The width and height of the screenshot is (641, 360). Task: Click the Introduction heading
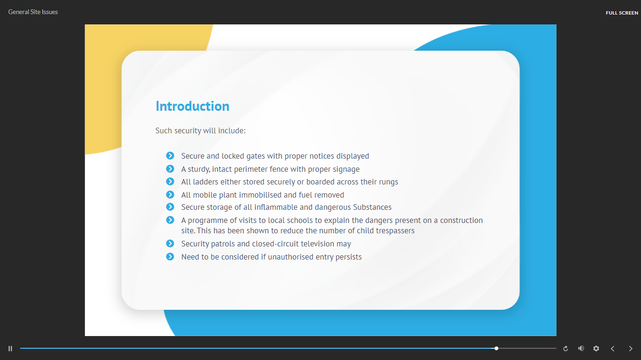coord(193,106)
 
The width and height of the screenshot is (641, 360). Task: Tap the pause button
coord(10,349)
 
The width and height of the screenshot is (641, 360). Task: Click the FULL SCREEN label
coord(622,13)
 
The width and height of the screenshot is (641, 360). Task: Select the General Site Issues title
coord(33,12)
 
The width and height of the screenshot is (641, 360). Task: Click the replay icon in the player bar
coord(565,349)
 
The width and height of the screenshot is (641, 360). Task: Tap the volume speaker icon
coord(581,348)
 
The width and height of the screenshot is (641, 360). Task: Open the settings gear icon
coord(596,348)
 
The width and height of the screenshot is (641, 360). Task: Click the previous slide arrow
coord(612,349)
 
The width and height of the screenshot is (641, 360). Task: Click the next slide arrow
coord(630,349)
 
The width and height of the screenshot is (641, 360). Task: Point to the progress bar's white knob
coord(496,348)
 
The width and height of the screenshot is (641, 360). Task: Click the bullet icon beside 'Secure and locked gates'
coord(170,155)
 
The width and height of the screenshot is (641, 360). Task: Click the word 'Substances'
coord(372,207)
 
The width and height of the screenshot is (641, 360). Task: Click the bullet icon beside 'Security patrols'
coord(170,243)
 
